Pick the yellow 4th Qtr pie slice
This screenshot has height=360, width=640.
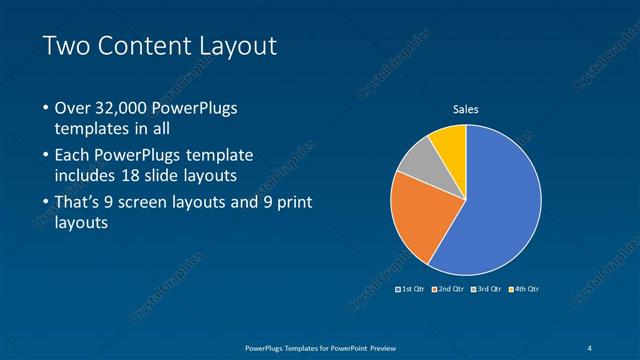point(451,142)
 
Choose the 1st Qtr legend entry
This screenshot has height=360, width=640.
point(411,289)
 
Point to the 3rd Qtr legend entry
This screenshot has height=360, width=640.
point(487,289)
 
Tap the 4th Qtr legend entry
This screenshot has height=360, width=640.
point(525,289)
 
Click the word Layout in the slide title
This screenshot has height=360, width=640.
point(236,46)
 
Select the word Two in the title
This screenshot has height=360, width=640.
point(65,46)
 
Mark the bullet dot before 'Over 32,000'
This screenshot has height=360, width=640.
point(45,108)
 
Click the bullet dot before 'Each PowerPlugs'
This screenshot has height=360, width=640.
point(45,156)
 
